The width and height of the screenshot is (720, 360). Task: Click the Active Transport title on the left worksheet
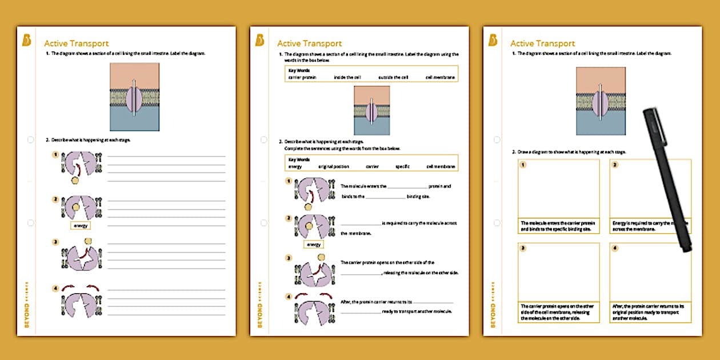(x=76, y=43)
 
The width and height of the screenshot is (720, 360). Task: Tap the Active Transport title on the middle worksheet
(x=309, y=43)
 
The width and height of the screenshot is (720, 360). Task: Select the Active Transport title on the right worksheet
(x=542, y=43)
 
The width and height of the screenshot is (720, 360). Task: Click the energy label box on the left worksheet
(x=81, y=226)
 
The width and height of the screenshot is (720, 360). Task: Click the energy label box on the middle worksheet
(x=314, y=245)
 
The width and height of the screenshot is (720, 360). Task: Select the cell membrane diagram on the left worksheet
(x=134, y=97)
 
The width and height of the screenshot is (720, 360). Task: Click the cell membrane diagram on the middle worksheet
(x=371, y=110)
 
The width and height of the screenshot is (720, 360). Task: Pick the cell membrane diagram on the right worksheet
(x=601, y=101)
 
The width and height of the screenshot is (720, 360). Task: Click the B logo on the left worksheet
(x=26, y=40)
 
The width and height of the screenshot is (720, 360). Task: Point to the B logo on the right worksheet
(x=493, y=40)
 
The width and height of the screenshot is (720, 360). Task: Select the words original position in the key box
(x=333, y=167)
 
